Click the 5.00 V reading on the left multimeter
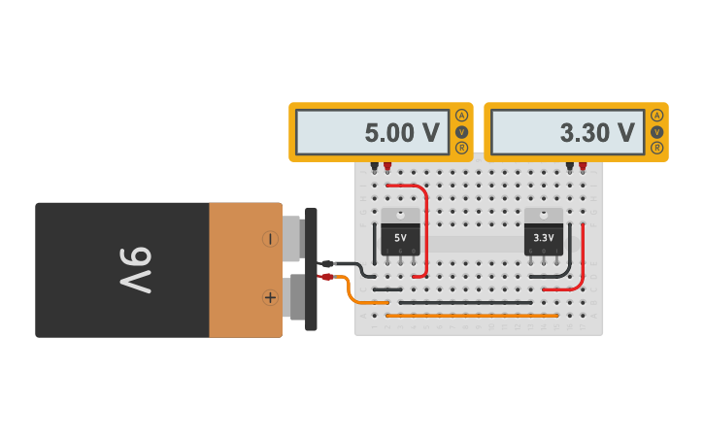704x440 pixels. click(402, 133)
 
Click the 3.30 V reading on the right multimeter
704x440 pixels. click(597, 133)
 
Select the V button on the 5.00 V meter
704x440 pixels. click(461, 132)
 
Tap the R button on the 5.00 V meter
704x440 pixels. click(461, 148)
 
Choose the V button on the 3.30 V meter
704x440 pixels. click(656, 132)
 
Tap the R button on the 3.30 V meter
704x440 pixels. click(656, 148)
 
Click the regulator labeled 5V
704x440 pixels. click(400, 233)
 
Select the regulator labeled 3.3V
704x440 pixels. click(544, 233)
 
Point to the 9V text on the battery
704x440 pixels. click(136, 270)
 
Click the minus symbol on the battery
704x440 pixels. click(270, 239)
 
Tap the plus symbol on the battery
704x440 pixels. click(270, 297)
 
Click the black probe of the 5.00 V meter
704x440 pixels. click(375, 167)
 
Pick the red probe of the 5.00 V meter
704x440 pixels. click(387, 167)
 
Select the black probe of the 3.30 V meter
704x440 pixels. click(570, 167)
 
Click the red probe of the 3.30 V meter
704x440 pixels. click(583, 167)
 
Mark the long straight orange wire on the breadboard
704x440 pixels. click(472, 316)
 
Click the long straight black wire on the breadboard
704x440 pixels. click(466, 302)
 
